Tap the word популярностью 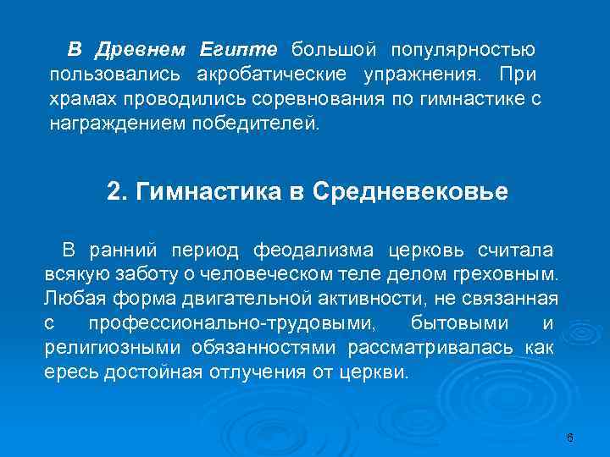point(461,48)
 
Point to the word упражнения point(414,73)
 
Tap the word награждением point(102,124)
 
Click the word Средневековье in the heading point(411,191)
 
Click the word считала point(516,251)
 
